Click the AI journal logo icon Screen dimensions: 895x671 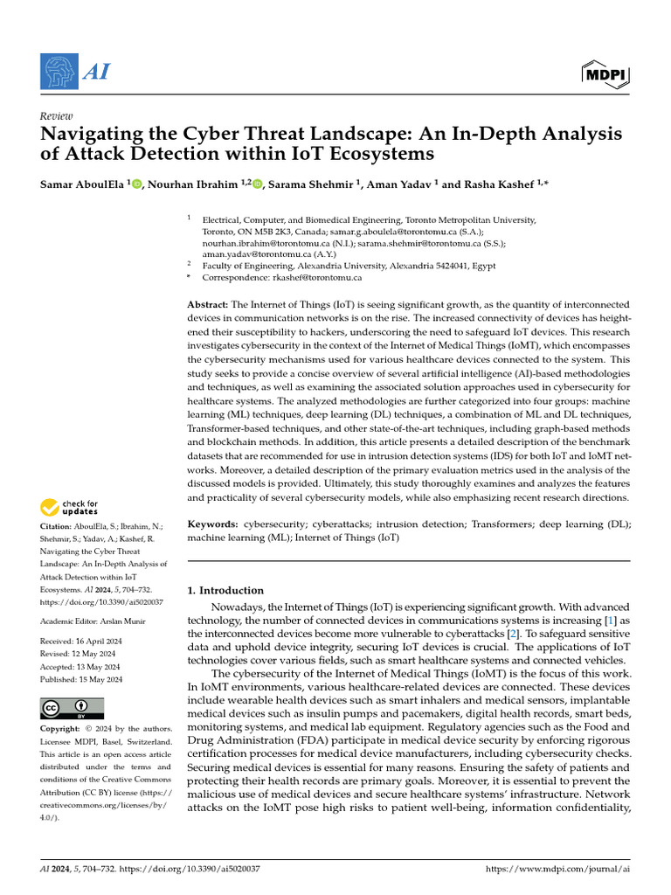[59, 70]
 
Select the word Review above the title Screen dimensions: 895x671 [57, 116]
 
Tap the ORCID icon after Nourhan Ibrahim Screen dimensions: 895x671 [258, 184]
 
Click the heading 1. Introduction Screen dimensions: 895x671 [225, 590]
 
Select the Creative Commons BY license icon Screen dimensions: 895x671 [72, 707]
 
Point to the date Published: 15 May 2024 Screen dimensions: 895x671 [81, 679]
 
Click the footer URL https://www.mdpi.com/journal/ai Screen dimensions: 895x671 [557, 869]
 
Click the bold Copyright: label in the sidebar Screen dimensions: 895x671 [65, 729]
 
